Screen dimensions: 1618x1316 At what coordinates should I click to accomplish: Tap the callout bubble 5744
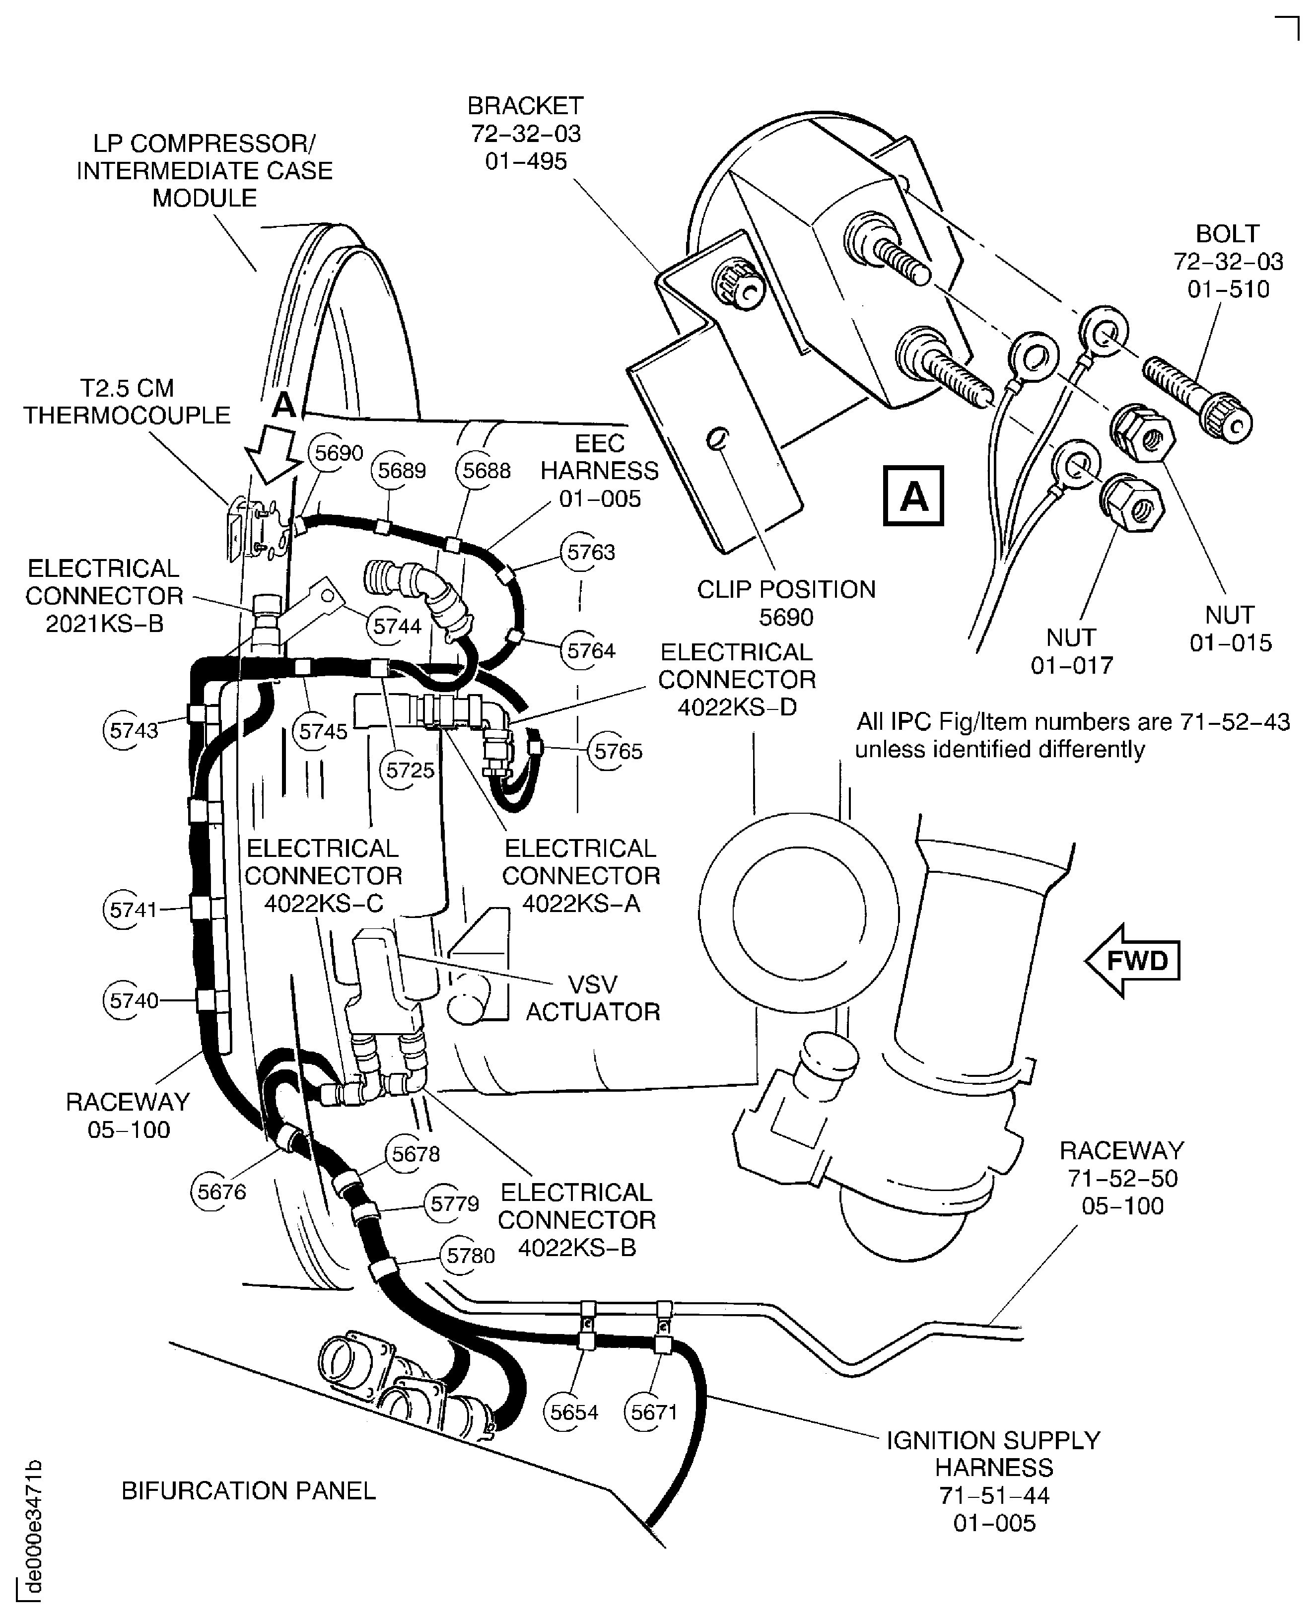coord(397,626)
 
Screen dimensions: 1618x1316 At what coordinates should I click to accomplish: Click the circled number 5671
coord(653,1412)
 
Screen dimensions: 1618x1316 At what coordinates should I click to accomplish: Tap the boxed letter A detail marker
coord(913,496)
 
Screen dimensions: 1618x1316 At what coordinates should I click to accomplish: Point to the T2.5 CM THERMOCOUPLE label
coord(127,401)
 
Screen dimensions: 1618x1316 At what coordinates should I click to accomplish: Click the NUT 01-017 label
coord(1071,651)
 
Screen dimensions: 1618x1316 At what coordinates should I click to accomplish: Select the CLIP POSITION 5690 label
coord(786,603)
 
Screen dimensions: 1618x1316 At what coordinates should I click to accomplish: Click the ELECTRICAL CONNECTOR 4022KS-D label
coord(736,679)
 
